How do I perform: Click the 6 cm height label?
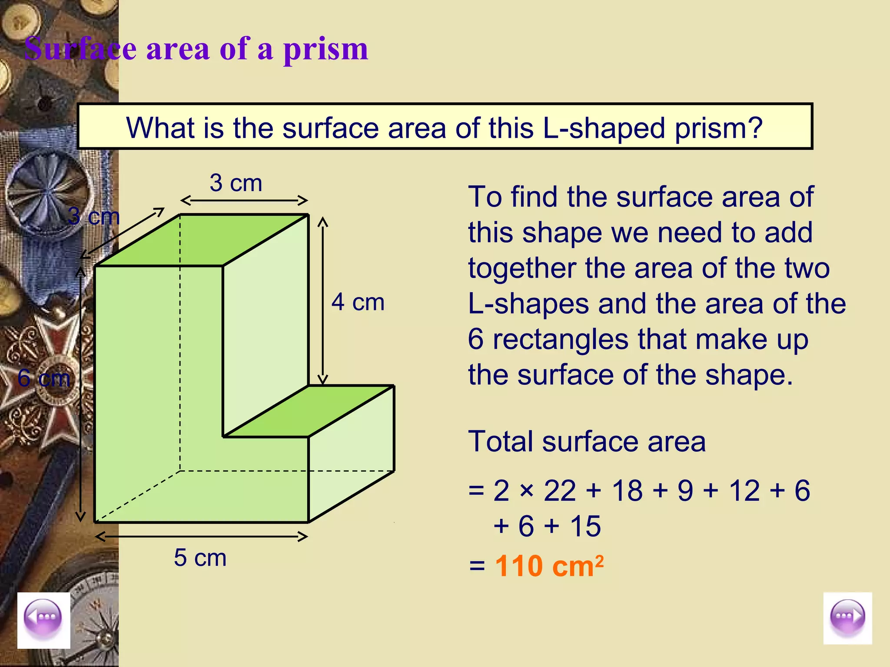[43, 378]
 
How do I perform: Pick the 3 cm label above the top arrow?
[236, 183]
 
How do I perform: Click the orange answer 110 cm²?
[549, 566]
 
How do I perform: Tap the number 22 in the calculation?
[559, 491]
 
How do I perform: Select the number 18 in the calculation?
[627, 491]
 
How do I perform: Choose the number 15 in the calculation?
[585, 526]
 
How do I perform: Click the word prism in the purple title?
[325, 49]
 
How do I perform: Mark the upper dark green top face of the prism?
[201, 240]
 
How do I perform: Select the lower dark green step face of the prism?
[309, 411]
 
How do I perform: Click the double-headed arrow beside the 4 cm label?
[322, 300]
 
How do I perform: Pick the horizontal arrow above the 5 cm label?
[201, 537]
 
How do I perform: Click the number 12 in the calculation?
[744, 491]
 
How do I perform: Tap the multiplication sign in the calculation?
[526, 491]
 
